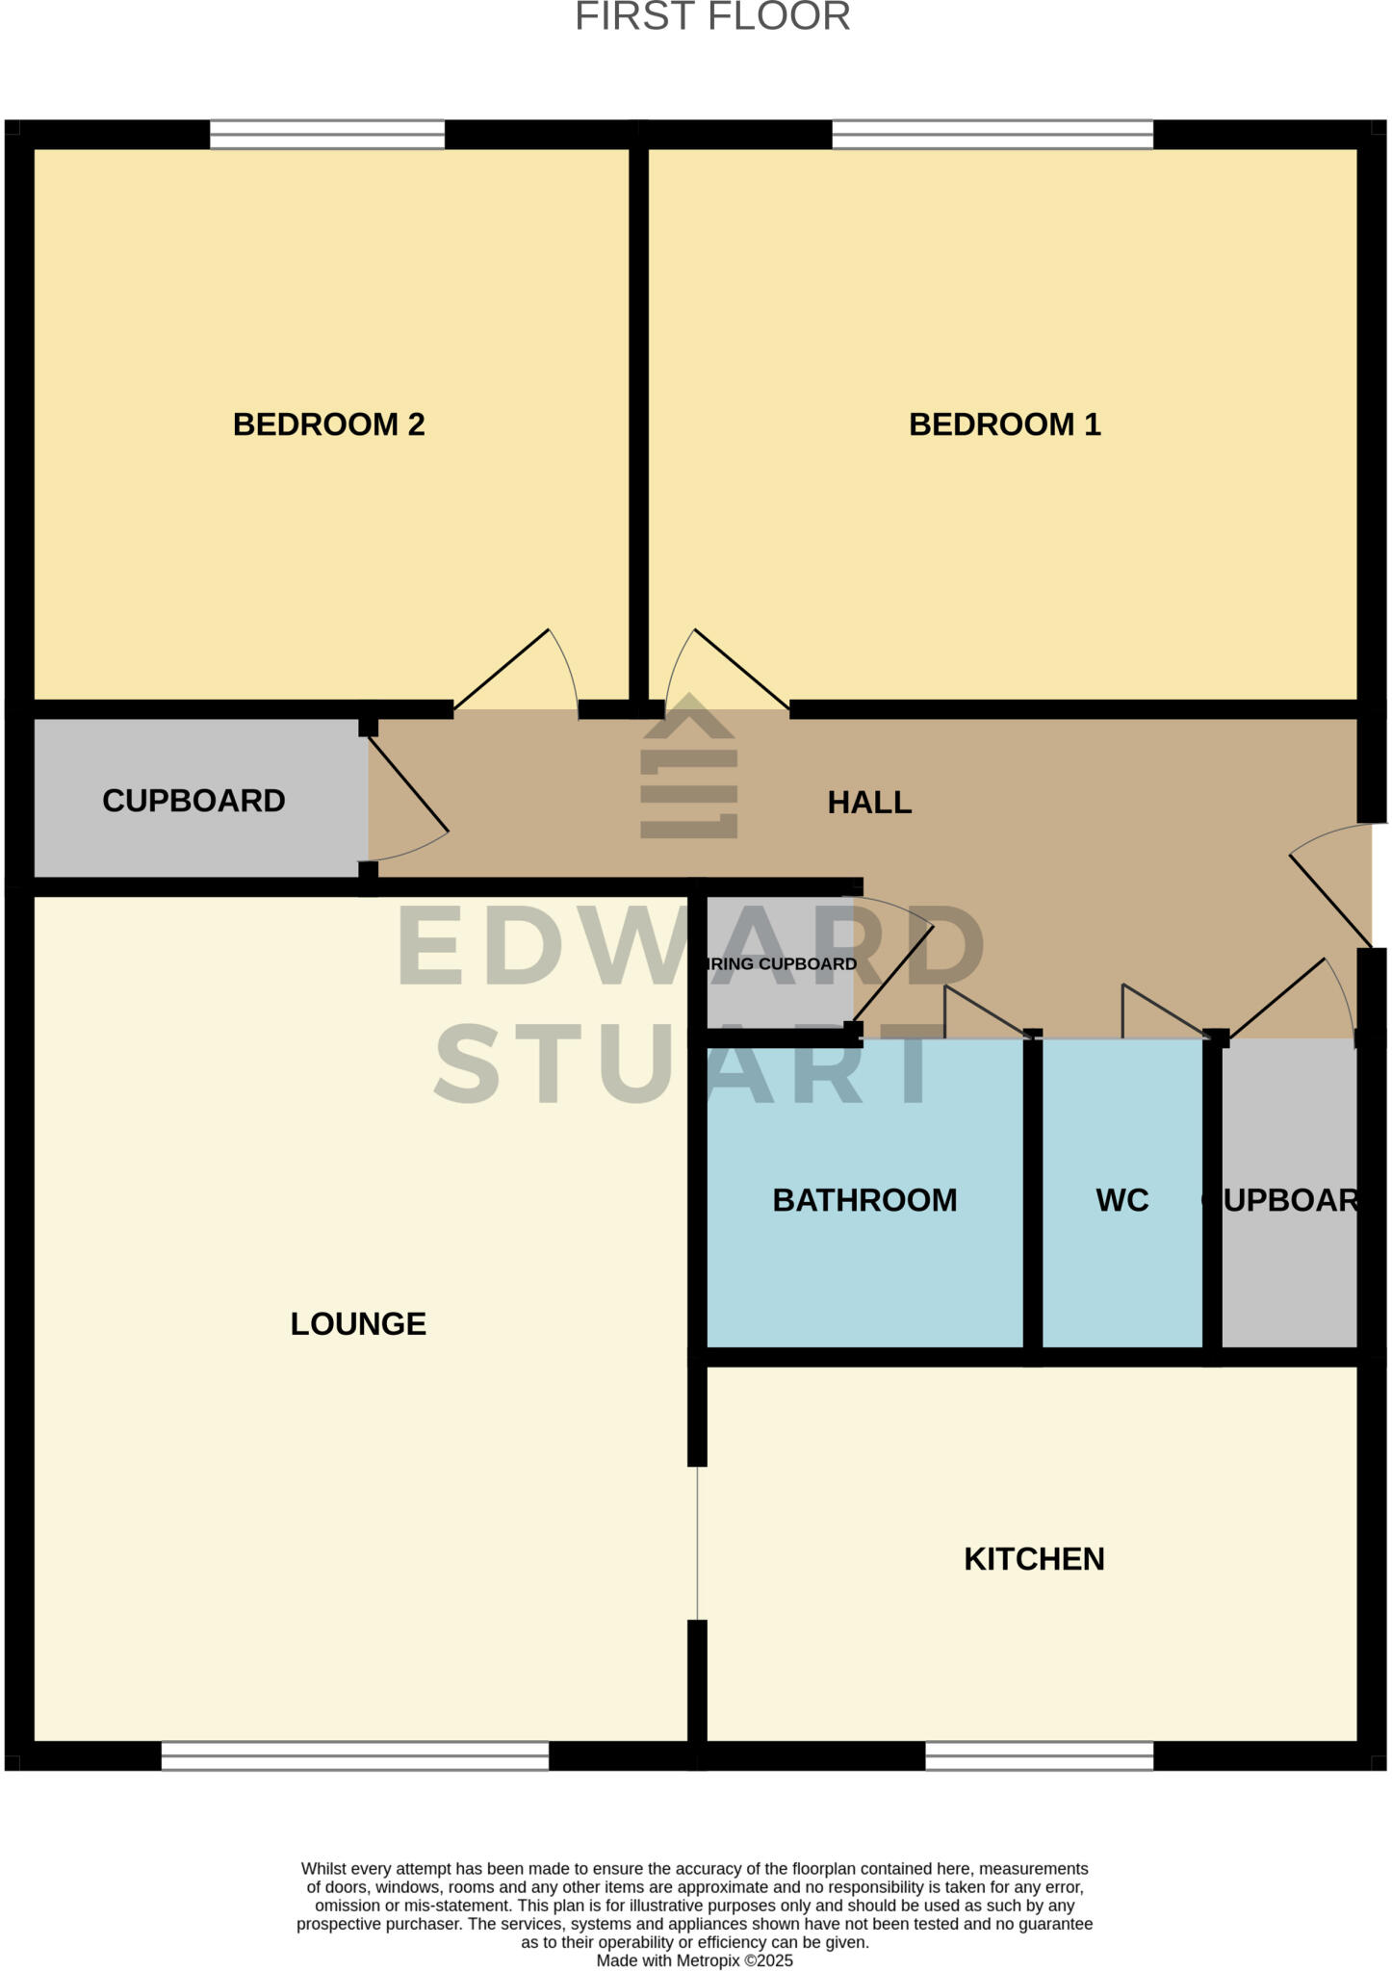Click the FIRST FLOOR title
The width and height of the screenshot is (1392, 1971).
click(x=712, y=17)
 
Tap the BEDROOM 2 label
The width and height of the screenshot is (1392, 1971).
click(x=328, y=424)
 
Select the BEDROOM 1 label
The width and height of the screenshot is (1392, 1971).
click(x=1004, y=424)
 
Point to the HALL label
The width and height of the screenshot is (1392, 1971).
click(x=869, y=803)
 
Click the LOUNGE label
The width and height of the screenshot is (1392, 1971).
click(x=358, y=1324)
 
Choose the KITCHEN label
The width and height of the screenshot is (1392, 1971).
click(x=1034, y=1559)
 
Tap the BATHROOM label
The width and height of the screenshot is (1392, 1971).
click(x=864, y=1200)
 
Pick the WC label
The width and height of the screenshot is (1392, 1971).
click(x=1121, y=1200)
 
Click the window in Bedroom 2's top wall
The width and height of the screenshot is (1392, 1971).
click(x=327, y=135)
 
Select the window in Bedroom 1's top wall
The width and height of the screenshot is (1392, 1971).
click(x=992, y=135)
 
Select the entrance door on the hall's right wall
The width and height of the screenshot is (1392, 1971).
click(x=1333, y=890)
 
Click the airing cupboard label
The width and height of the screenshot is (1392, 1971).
click(x=781, y=964)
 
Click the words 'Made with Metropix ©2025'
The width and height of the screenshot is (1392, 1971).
click(x=694, y=1960)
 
